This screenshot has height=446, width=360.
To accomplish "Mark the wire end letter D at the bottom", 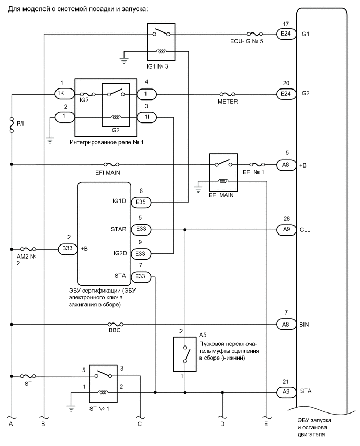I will (x=222, y=424).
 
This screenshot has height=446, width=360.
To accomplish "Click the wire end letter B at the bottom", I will (x=44, y=424).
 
